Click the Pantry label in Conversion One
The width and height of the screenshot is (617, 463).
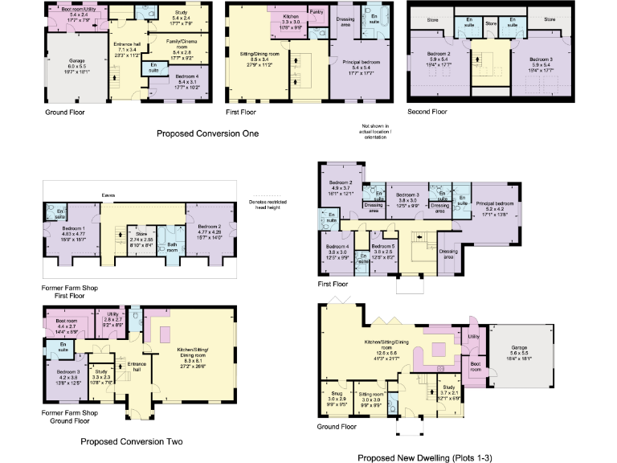(317, 13)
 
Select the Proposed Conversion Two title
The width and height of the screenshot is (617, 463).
(131, 441)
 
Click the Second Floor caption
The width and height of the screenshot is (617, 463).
(428, 112)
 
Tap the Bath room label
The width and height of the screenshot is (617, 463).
(172, 246)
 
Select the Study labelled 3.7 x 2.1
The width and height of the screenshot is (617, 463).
(448, 392)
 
